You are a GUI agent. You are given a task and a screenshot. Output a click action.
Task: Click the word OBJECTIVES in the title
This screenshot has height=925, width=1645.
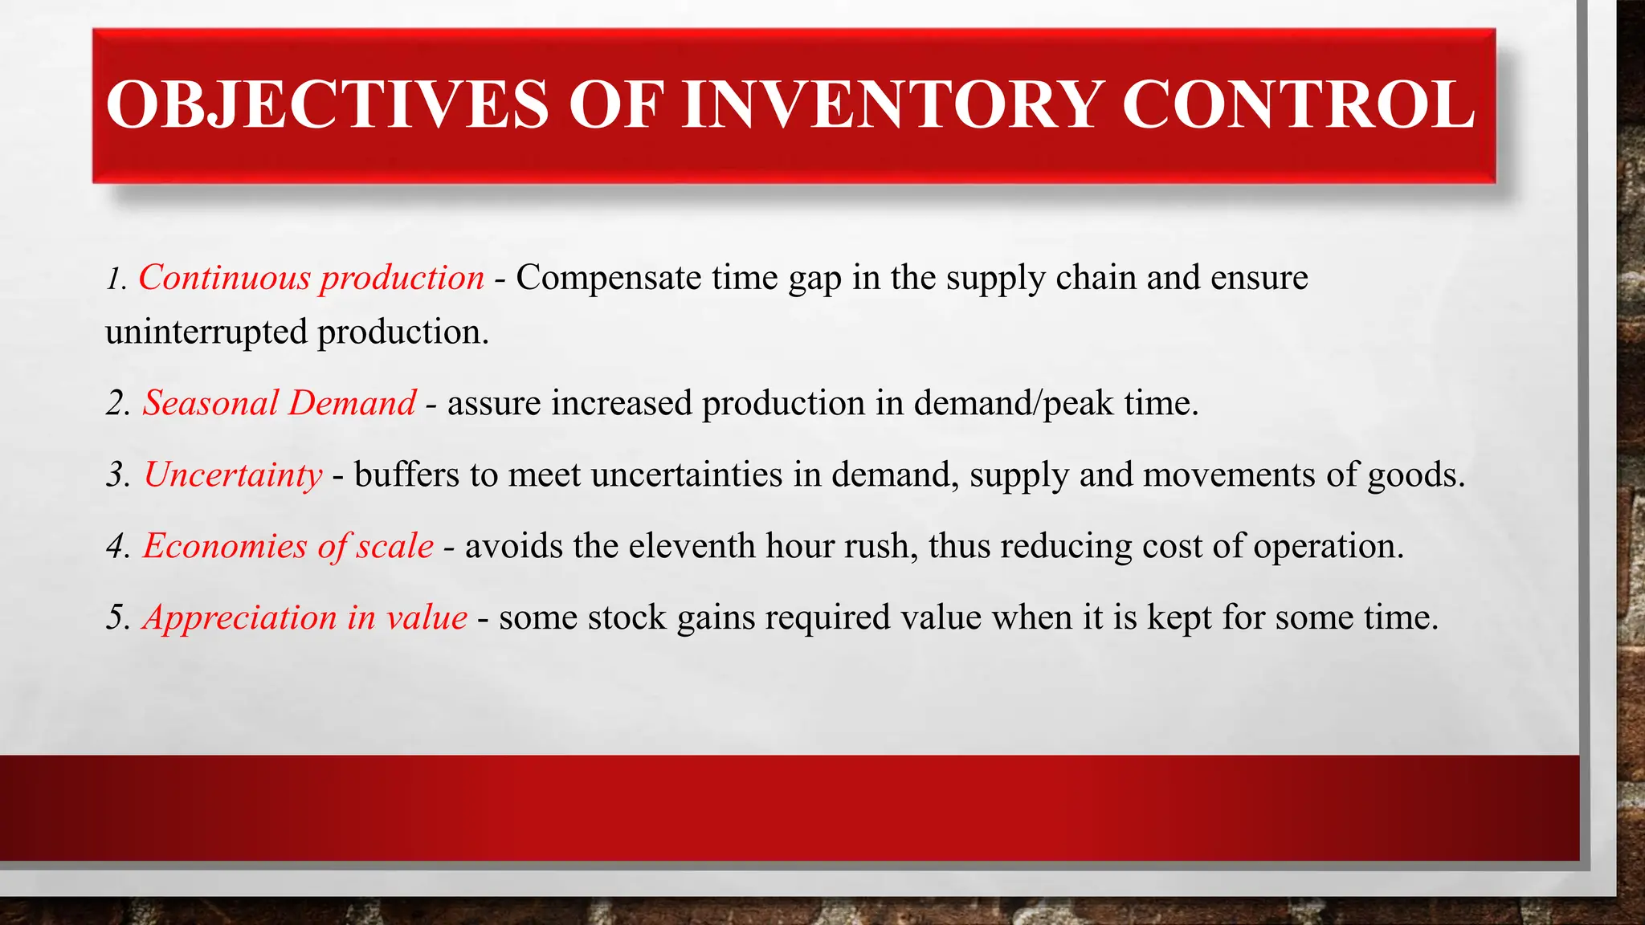point(327,105)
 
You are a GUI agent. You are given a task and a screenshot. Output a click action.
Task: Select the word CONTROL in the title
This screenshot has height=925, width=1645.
point(1298,105)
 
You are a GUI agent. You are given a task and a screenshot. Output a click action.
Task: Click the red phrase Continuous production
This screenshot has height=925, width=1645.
point(311,278)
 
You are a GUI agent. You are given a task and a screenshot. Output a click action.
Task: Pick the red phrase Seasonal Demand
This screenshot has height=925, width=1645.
point(279,403)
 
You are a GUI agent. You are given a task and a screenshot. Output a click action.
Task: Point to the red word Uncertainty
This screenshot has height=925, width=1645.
point(233,475)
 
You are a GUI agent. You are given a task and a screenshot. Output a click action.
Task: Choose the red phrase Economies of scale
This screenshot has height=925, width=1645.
point(288,546)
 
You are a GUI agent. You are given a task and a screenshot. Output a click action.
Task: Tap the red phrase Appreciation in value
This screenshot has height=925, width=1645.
point(304,617)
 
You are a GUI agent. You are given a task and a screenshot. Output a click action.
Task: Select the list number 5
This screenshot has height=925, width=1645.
point(117,618)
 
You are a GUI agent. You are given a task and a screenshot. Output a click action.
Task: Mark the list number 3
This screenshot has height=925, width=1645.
point(117,475)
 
